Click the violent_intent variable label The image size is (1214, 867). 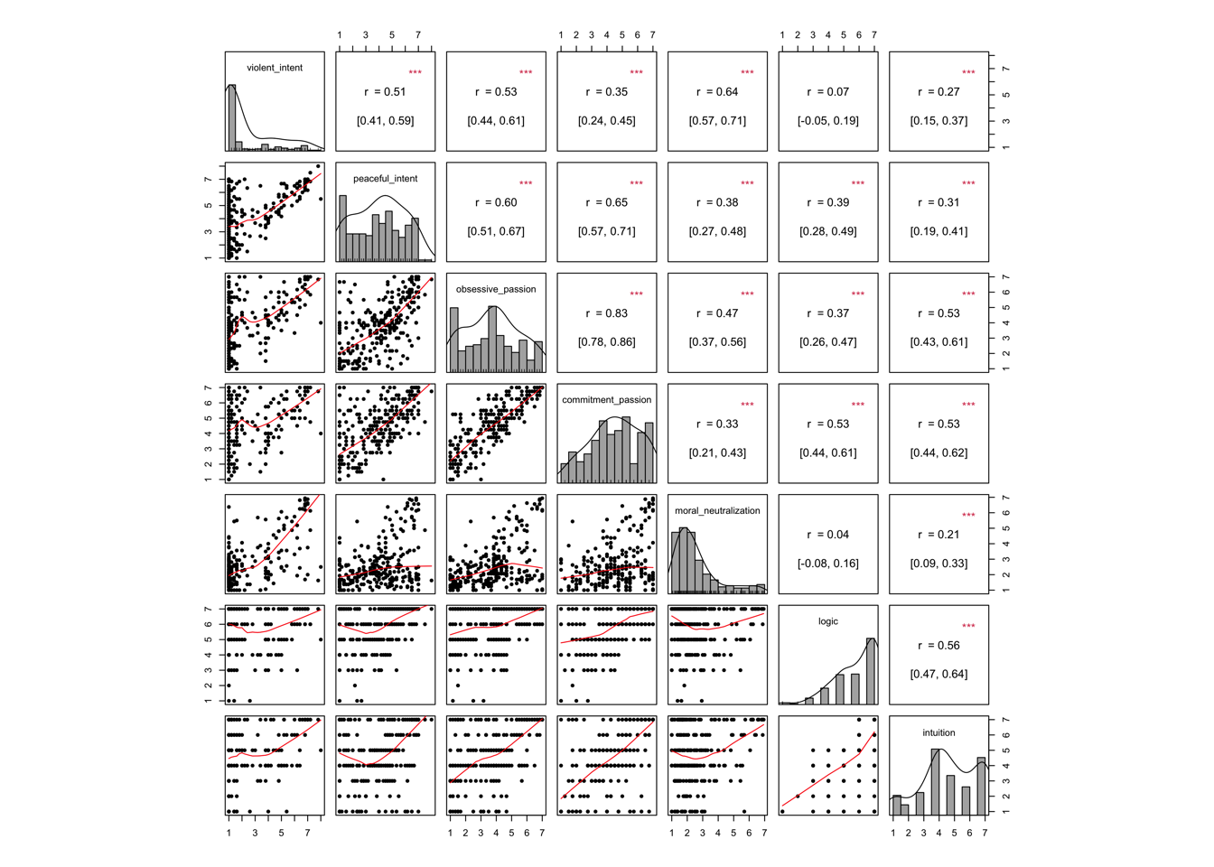[x=275, y=68]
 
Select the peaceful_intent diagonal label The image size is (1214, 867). [x=386, y=179]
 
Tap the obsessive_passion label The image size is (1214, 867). [x=496, y=289]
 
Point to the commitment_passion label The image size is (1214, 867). [x=607, y=400]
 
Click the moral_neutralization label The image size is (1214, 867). [x=717, y=511]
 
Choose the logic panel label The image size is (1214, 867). [x=828, y=621]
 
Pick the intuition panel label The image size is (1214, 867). [x=939, y=732]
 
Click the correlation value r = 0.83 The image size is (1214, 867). [x=607, y=313]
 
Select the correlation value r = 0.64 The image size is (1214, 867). [x=717, y=92]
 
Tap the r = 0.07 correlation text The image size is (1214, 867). [x=828, y=92]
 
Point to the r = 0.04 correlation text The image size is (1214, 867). [x=828, y=535]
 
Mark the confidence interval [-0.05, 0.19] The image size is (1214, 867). [x=828, y=121]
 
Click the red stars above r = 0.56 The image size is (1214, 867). [x=968, y=627]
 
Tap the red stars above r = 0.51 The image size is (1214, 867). [x=415, y=73]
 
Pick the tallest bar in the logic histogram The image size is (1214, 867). [x=871, y=671]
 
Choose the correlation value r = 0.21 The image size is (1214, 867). [x=939, y=535]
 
